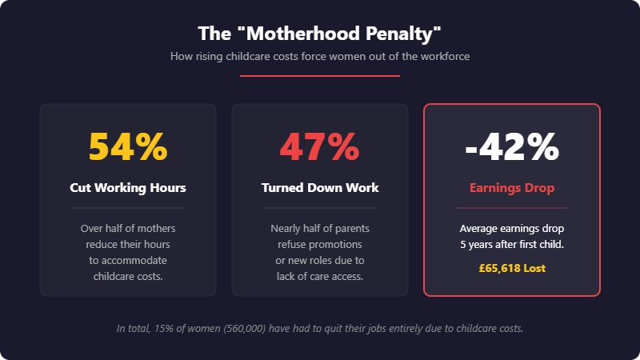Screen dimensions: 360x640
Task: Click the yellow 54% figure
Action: tap(128, 146)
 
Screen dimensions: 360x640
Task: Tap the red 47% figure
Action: tap(320, 146)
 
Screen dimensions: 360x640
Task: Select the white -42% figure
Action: tap(512, 146)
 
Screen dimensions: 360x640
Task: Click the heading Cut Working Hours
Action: tap(128, 188)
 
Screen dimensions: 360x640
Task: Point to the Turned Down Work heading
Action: tap(320, 188)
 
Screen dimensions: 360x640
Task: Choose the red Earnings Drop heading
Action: tap(512, 188)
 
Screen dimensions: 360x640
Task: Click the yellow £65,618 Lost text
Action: tap(512, 268)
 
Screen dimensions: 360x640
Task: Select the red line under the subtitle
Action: tap(320, 76)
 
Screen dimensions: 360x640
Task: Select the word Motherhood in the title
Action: tap(289, 34)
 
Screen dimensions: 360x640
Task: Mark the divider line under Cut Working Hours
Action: tap(128, 208)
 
